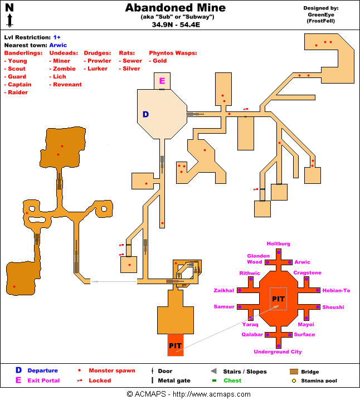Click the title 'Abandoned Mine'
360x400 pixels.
[175, 8]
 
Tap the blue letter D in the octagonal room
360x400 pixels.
[145, 114]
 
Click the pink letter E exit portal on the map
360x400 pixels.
[162, 81]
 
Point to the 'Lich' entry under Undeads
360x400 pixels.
[59, 77]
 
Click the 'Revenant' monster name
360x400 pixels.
[67, 85]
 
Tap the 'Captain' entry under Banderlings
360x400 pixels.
[20, 85]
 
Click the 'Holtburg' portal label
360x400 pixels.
[278, 244]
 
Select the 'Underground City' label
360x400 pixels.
[278, 352]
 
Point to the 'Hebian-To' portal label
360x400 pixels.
[336, 290]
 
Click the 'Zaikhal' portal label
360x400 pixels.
[223, 290]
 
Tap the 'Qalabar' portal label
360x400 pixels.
[252, 335]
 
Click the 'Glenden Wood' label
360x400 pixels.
[255, 259]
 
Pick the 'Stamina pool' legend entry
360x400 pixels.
[319, 381]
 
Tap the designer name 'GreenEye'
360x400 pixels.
[321, 15]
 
